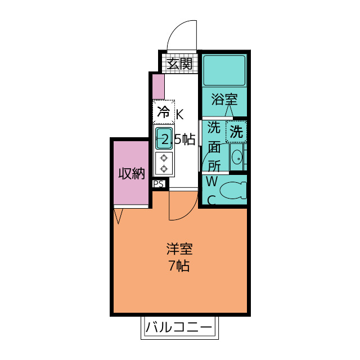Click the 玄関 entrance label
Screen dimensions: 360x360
click(179, 64)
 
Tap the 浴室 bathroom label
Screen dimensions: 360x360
click(224, 100)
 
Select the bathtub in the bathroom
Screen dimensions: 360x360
click(224, 70)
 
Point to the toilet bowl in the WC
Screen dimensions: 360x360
click(233, 190)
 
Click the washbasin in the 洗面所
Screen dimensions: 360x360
click(237, 158)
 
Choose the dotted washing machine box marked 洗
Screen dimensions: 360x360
click(236, 132)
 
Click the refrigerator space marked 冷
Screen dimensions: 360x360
click(164, 112)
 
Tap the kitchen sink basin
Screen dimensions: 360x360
click(164, 138)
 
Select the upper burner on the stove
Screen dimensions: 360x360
click(164, 158)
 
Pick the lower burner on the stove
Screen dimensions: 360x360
click(164, 169)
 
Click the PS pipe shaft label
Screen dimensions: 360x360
click(159, 184)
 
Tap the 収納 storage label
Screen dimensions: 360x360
click(132, 174)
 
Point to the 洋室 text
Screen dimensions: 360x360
click(179, 249)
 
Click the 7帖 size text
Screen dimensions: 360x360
click(179, 266)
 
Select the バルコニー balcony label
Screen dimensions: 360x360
click(179, 327)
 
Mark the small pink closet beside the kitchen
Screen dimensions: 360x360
click(159, 87)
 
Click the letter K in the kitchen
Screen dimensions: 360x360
click(180, 114)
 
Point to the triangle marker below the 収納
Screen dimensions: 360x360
click(119, 216)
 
